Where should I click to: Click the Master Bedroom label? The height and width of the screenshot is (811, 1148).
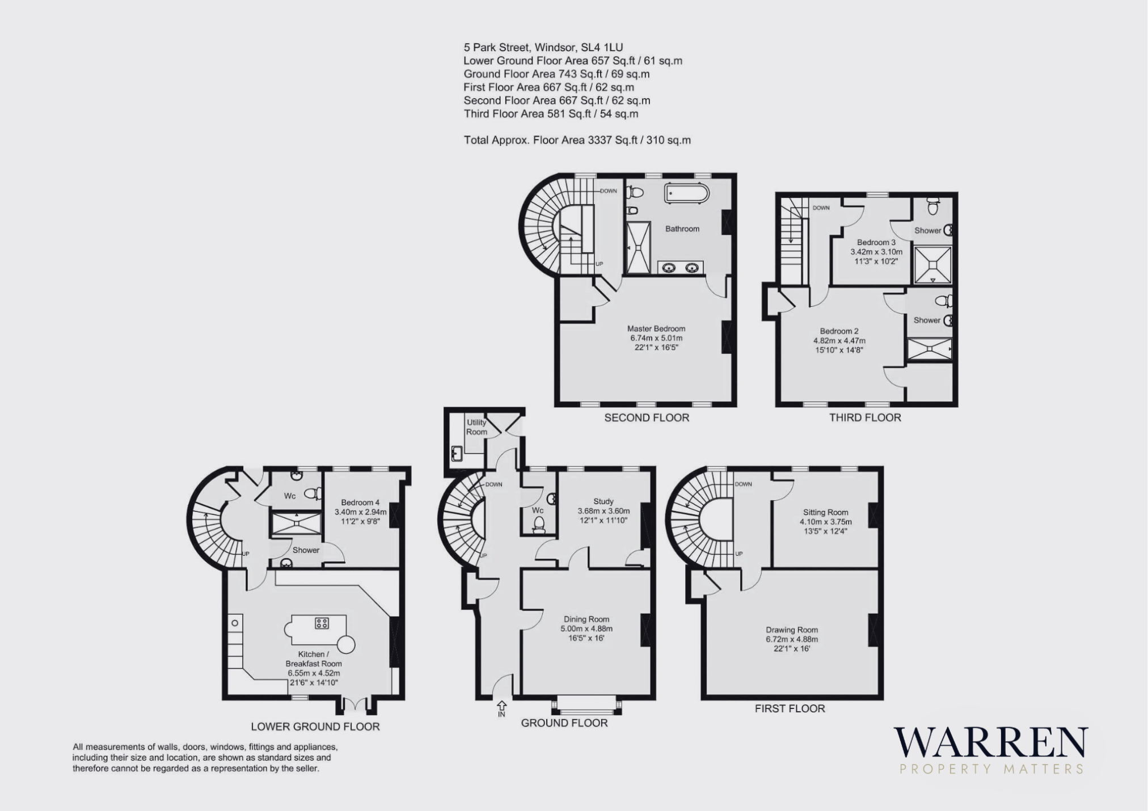coord(656,328)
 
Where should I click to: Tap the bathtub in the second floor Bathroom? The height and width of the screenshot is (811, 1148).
coord(686,193)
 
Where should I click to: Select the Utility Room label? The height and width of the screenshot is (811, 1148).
coord(476,427)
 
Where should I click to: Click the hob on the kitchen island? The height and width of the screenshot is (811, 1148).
coord(322,623)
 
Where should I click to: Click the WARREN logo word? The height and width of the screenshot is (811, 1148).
coord(991,742)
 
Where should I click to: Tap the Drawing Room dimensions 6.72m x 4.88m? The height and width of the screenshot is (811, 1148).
coord(792,639)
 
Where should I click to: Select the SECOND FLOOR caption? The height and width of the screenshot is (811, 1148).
coord(647,418)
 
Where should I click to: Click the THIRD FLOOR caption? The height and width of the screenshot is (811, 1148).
coord(865,418)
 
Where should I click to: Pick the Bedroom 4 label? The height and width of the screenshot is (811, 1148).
coord(360,502)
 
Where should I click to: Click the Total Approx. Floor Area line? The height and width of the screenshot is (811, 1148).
coord(577,140)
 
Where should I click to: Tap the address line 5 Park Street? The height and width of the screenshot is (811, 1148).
coord(543,48)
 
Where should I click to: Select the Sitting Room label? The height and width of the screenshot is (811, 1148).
coord(826,512)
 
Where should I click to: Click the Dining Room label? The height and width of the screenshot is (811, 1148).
coord(586,619)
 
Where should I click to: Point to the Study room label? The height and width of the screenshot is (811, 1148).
coord(603,501)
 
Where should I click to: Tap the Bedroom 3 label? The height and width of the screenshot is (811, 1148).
coord(876,242)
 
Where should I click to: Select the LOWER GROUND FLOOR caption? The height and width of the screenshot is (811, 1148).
coord(315,727)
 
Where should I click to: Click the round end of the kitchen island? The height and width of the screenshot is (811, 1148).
coord(346,644)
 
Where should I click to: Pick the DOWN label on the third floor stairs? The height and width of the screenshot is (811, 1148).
coord(821,208)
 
